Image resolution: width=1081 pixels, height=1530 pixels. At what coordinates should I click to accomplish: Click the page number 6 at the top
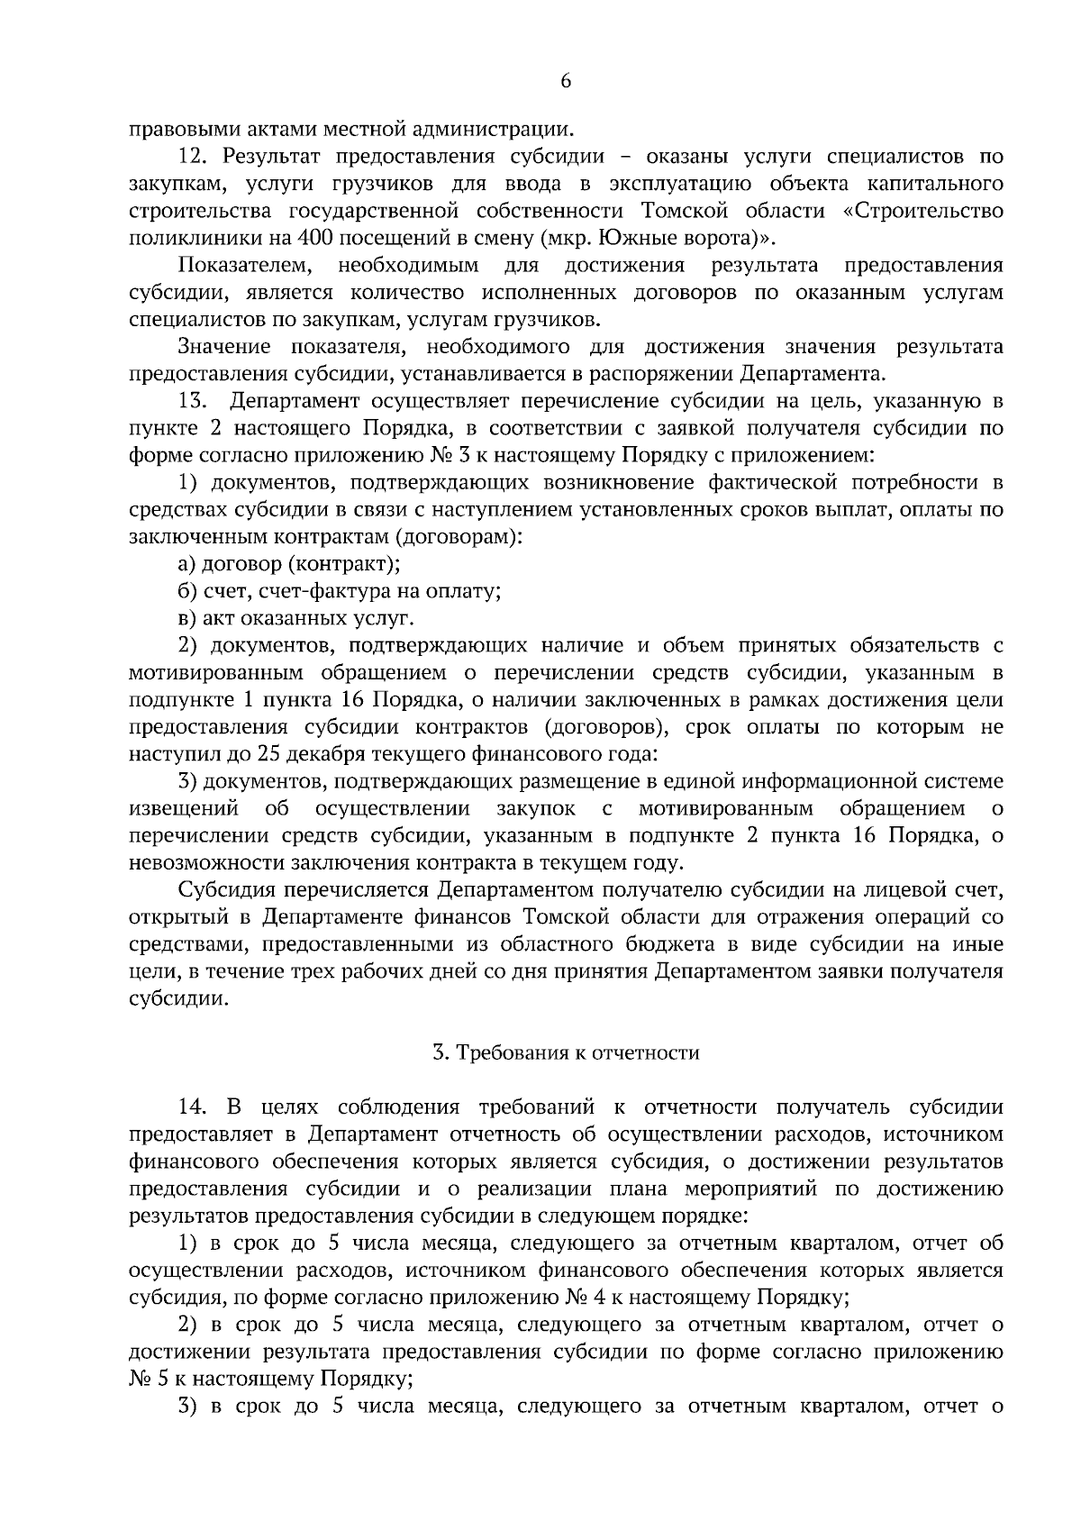click(566, 80)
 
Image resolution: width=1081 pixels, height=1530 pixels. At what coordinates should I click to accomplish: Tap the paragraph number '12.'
click(195, 157)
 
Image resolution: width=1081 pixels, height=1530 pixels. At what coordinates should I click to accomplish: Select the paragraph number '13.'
click(195, 400)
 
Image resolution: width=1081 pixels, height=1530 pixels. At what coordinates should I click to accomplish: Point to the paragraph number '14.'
click(195, 1107)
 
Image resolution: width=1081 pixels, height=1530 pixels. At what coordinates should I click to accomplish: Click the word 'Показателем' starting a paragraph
click(246, 266)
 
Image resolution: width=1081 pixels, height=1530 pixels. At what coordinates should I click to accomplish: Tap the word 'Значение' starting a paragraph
click(227, 347)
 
